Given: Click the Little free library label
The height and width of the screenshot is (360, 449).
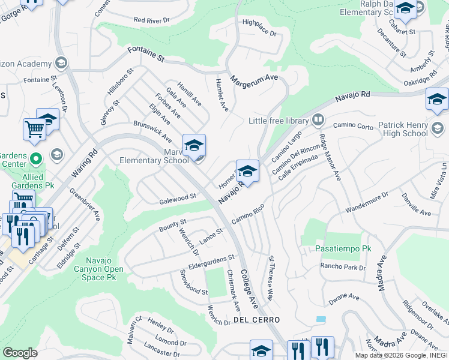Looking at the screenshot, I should [278, 121].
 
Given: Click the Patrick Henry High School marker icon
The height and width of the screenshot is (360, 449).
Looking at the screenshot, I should [438, 127].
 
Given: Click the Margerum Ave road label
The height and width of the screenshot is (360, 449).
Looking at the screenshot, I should [255, 78].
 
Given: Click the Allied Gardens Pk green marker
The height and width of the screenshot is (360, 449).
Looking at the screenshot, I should [35, 160].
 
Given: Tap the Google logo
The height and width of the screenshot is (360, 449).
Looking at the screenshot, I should [20, 353].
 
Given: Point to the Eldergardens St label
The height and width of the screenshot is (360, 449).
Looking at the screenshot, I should [209, 259].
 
